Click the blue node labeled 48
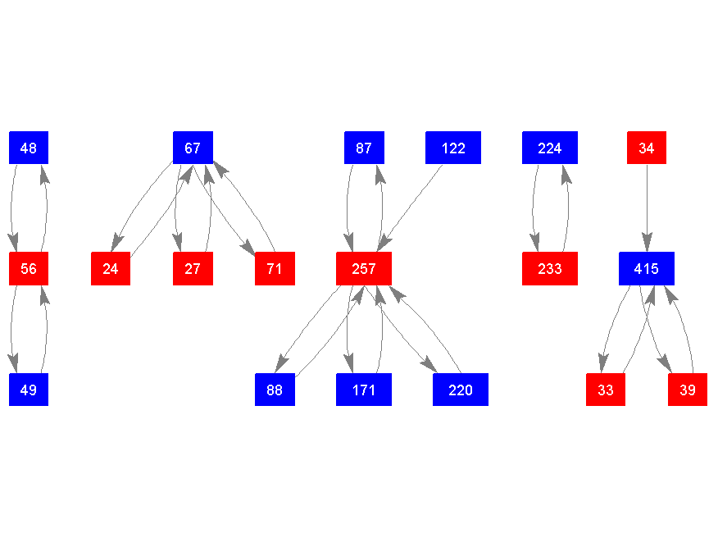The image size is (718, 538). tap(29, 148)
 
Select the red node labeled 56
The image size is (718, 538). tap(29, 268)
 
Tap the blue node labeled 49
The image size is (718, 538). tap(29, 390)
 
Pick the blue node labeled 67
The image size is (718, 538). tap(193, 148)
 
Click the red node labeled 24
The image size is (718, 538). tap(111, 268)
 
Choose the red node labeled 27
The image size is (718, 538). tap(193, 268)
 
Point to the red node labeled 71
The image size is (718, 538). tap(275, 268)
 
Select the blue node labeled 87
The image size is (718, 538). tap(364, 148)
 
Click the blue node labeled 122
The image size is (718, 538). tap(453, 148)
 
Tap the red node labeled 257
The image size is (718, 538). tap(364, 268)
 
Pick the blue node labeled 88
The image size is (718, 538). tap(275, 390)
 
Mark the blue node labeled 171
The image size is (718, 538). tap(364, 390)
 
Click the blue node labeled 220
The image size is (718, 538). tap(461, 390)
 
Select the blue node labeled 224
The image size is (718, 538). tap(550, 148)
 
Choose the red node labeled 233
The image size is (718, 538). tap(550, 268)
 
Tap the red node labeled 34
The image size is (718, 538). tap(647, 148)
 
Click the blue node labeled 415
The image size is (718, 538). tap(647, 268)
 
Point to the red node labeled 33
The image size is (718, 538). tap(606, 390)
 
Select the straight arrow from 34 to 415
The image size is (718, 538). tap(647, 205)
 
